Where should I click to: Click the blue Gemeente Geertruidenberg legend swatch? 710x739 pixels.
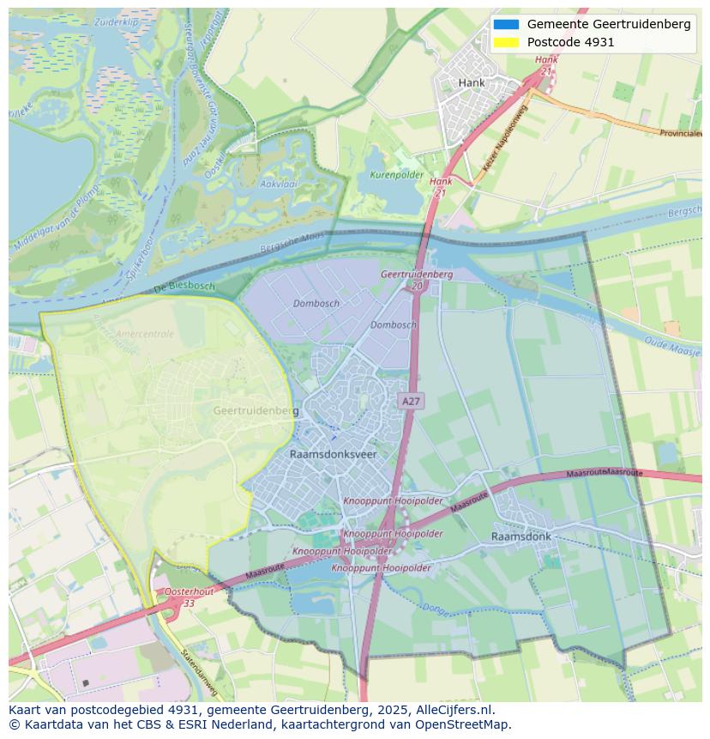point(506,24)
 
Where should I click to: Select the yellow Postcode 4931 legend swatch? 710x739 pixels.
point(506,42)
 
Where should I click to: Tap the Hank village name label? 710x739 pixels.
point(472,83)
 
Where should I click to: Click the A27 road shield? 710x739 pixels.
point(411,401)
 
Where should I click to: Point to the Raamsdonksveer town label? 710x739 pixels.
point(334,454)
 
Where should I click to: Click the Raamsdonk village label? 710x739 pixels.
point(521,536)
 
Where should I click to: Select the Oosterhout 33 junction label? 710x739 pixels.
point(190,597)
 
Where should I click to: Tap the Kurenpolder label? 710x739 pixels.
point(396,175)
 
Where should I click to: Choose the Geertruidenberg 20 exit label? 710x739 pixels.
point(417,279)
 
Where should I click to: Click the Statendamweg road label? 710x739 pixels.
point(199,673)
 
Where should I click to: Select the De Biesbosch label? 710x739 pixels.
point(184,287)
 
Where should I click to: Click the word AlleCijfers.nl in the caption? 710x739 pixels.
point(453,711)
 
